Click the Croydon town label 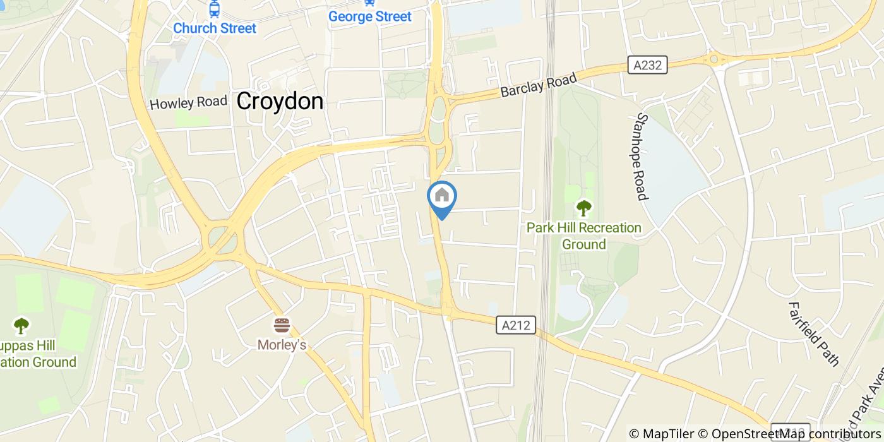(280, 101)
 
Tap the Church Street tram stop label (215, 28)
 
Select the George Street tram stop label (369, 16)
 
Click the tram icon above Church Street (215, 9)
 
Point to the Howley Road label (188, 102)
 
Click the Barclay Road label (539, 85)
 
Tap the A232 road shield (647, 64)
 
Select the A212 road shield (516, 325)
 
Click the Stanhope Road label (642, 157)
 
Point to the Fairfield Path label (813, 333)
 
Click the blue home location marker (442, 197)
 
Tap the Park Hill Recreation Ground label (584, 236)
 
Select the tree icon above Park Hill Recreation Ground (584, 207)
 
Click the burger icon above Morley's (282, 325)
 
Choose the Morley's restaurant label (282, 345)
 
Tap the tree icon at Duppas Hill (21, 325)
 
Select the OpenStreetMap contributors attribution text (789, 434)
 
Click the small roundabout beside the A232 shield (716, 60)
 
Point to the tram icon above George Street (369, 3)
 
